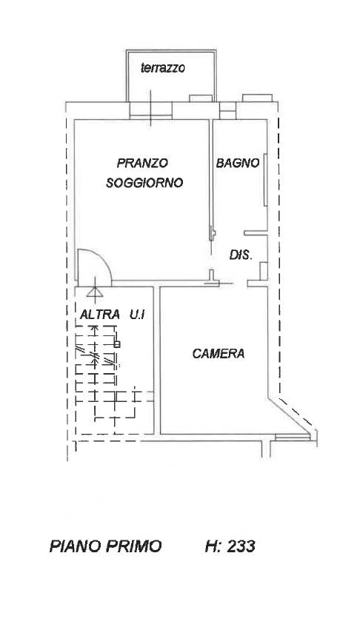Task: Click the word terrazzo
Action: click(x=163, y=68)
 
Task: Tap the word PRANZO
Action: click(x=142, y=163)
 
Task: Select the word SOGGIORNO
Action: click(x=144, y=183)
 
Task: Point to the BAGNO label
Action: click(x=237, y=163)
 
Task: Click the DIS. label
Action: click(x=241, y=255)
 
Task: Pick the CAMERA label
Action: click(x=219, y=354)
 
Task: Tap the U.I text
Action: click(x=137, y=314)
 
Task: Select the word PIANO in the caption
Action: click(x=75, y=546)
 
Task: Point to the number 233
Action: click(x=241, y=546)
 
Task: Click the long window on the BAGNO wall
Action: click(x=265, y=180)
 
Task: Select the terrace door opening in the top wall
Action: click(x=151, y=110)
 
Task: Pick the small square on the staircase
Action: click(x=117, y=344)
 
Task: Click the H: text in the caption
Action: click(x=213, y=546)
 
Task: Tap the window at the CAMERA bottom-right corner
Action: click(x=293, y=437)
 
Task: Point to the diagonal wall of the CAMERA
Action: click(x=289, y=416)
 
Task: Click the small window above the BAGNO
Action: click(x=227, y=110)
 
